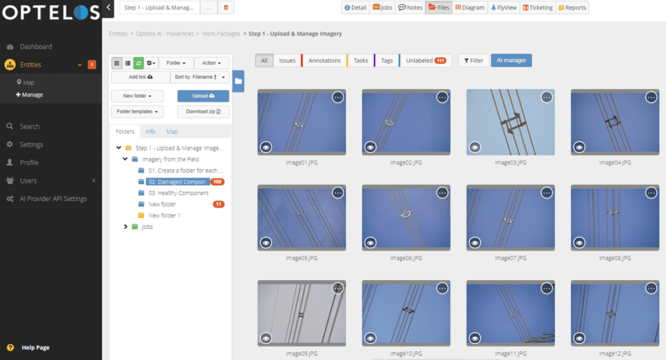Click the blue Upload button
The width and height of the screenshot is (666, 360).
click(203, 96)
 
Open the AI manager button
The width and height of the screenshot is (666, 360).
click(511, 60)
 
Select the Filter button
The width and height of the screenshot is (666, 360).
click(473, 60)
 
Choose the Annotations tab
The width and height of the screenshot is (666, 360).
click(324, 60)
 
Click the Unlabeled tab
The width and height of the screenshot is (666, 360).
click(425, 60)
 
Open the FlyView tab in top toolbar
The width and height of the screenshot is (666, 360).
click(504, 7)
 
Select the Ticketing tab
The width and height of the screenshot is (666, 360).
click(538, 7)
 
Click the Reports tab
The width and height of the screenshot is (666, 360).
click(572, 7)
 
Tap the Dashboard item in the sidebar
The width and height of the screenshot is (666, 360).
click(35, 47)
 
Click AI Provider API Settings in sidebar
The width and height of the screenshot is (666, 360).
click(53, 199)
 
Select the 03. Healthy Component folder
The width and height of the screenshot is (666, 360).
click(178, 193)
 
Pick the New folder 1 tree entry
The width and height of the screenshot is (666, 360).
click(164, 215)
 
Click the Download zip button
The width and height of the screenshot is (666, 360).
click(203, 111)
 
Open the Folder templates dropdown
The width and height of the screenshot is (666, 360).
click(138, 111)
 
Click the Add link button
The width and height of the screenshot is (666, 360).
click(140, 77)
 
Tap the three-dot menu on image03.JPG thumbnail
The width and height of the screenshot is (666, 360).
click(546, 97)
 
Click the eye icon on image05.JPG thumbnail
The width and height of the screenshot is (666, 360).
click(266, 241)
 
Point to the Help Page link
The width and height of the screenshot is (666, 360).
click(35, 348)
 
